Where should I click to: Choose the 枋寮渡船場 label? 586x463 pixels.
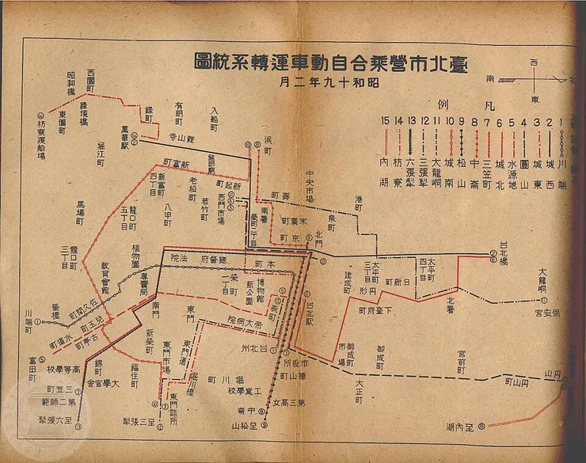coord(42,135)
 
